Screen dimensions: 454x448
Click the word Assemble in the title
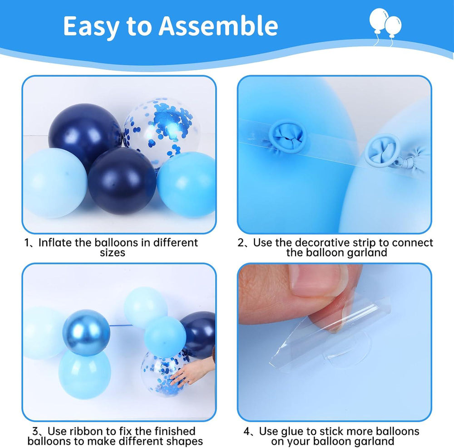[x=218, y=26]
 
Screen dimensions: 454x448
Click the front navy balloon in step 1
[x=122, y=181]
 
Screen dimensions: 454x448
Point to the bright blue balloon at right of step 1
[x=187, y=185]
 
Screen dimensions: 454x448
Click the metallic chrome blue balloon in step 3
[x=86, y=333]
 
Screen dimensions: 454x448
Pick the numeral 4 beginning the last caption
[x=247, y=432]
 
